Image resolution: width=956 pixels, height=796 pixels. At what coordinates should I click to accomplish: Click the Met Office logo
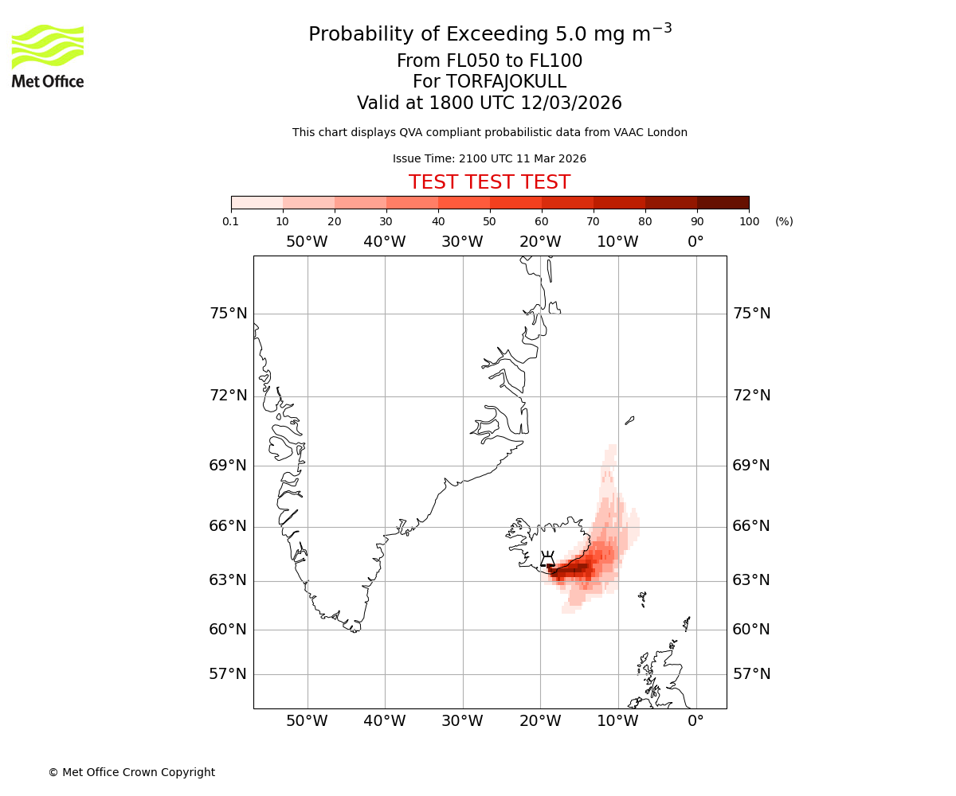click(x=48, y=56)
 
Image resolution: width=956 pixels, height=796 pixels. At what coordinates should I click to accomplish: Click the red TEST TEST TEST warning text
click(x=489, y=182)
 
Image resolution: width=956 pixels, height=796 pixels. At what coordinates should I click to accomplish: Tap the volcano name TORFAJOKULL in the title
click(x=506, y=82)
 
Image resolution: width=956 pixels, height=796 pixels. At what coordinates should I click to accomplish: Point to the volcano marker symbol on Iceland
click(x=547, y=559)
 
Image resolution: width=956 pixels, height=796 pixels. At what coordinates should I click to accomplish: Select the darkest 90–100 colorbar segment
click(x=723, y=202)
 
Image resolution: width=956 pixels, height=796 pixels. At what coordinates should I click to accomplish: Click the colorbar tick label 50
click(x=489, y=221)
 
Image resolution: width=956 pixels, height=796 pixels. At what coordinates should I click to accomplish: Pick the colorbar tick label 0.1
click(x=231, y=221)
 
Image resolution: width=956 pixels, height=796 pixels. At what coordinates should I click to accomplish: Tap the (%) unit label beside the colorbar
click(x=784, y=221)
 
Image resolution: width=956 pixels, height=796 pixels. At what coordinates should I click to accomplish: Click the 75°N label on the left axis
click(x=229, y=314)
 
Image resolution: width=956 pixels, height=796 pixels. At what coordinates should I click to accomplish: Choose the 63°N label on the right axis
click(x=751, y=580)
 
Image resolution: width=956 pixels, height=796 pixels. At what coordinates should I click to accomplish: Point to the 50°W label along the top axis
click(x=307, y=241)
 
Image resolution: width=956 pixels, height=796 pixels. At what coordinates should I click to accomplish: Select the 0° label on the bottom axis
click(x=695, y=721)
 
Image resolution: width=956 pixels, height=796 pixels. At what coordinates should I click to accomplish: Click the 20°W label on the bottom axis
click(x=540, y=721)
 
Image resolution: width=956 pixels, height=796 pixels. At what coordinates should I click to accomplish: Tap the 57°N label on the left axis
click(x=229, y=674)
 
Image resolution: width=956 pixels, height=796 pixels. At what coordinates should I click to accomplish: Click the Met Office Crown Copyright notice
click(x=131, y=772)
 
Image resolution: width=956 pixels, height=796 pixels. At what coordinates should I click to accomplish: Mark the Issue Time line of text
click(x=489, y=158)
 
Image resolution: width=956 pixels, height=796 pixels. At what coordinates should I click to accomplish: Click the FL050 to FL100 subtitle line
click(x=489, y=61)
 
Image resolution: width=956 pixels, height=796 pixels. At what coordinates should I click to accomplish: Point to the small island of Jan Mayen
click(x=629, y=419)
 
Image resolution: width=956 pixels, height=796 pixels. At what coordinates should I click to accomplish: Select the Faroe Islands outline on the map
click(x=642, y=598)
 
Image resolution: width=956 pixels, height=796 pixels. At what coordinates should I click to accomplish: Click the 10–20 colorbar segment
click(x=308, y=202)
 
